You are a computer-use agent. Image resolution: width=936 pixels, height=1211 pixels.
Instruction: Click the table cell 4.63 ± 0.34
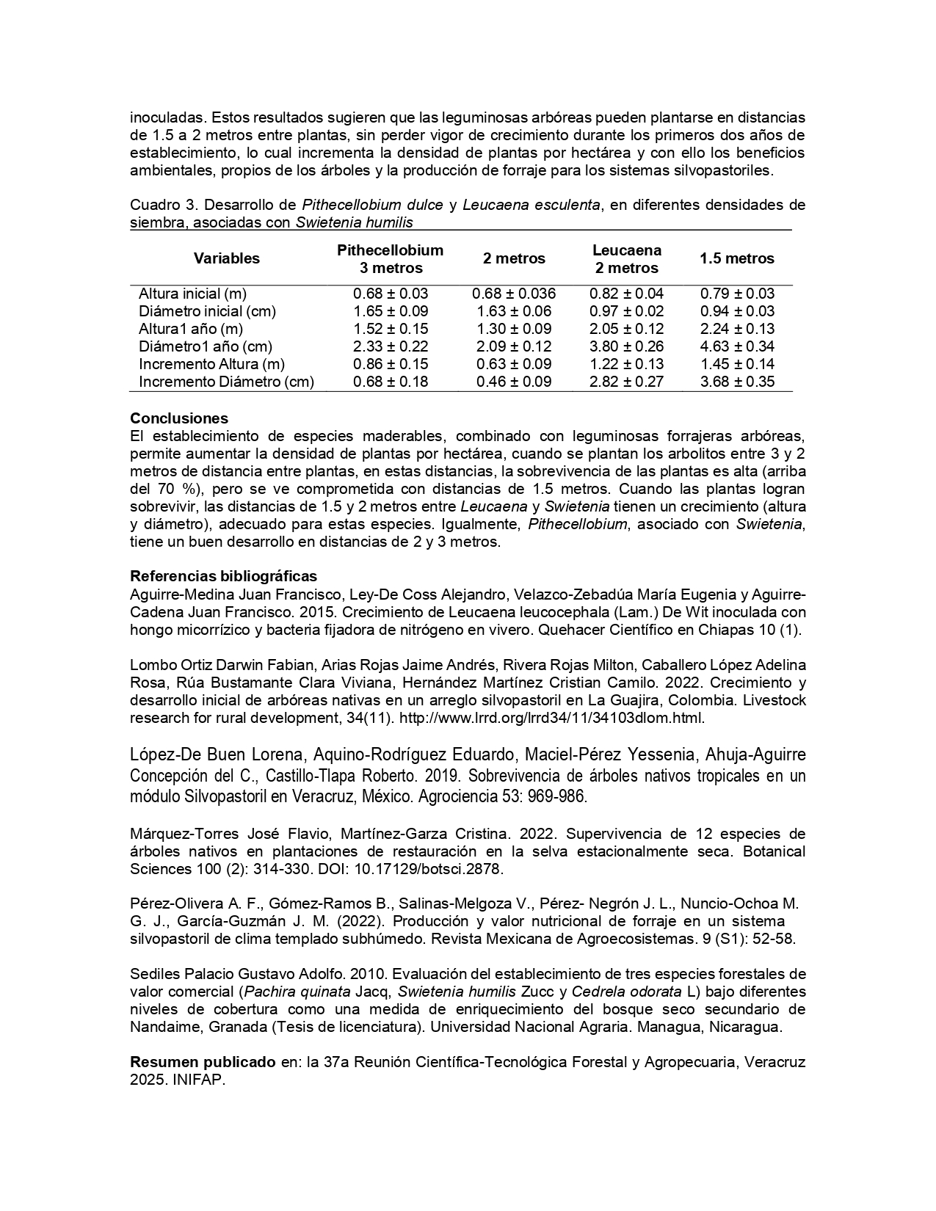pos(737,346)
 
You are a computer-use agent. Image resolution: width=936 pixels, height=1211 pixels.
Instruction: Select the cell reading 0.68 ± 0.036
pos(514,294)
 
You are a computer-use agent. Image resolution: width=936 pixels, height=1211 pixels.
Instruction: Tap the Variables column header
pos(227,258)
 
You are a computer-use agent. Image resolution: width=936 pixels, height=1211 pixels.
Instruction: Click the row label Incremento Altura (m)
pos(211,364)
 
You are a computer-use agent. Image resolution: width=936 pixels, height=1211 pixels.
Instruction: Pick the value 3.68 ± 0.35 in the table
pos(737,382)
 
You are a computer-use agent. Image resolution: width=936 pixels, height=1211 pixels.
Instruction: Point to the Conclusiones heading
pos(179,419)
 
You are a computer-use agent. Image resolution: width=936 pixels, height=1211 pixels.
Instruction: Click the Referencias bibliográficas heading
pos(223,575)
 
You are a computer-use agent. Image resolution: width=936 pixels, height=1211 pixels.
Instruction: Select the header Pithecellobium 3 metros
pos(390,258)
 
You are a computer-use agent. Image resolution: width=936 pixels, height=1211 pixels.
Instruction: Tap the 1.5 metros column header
pos(736,258)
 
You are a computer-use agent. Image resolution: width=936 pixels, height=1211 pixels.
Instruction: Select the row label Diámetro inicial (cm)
pos(207,311)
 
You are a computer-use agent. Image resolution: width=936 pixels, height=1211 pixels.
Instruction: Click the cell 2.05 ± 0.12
pos(626,329)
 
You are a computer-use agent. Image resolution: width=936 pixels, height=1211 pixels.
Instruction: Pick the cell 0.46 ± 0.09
pos(514,382)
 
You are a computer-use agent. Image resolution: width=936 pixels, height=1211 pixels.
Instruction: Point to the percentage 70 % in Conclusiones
pos(173,489)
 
